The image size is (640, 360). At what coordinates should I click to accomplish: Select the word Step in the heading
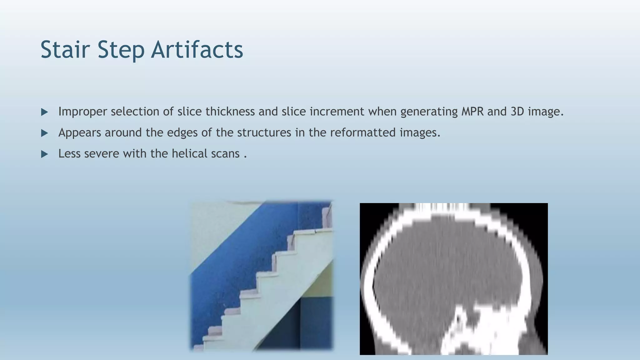(121, 50)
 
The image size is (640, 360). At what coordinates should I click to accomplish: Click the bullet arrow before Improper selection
(44, 112)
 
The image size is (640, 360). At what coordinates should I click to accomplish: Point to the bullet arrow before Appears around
(44, 133)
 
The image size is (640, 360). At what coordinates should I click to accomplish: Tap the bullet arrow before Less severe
(44, 154)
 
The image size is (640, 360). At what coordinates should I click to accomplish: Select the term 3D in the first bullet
(517, 112)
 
